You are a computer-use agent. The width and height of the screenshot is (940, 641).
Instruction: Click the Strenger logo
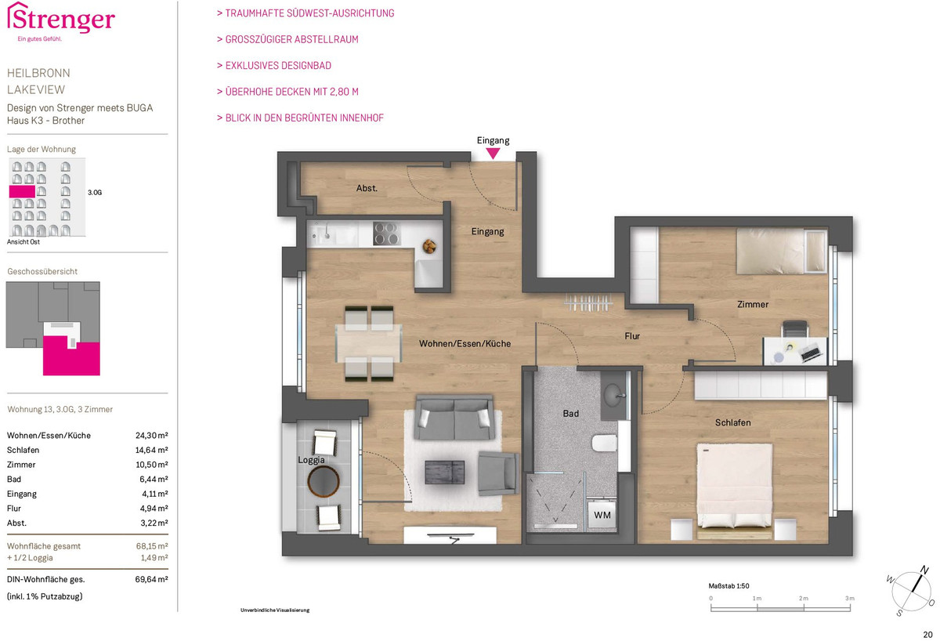pyautogui.click(x=61, y=21)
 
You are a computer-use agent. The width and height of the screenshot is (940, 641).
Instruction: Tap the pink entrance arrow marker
pyautogui.click(x=493, y=154)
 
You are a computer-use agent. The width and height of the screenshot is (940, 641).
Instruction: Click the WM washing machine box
pyautogui.click(x=602, y=515)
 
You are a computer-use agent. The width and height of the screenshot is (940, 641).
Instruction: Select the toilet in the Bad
pyautogui.click(x=604, y=443)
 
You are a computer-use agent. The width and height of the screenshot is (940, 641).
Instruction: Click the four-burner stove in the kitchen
pyautogui.click(x=386, y=233)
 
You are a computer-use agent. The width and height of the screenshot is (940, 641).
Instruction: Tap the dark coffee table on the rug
pyautogui.click(x=444, y=473)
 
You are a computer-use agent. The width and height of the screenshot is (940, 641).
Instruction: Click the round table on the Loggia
pyautogui.click(x=323, y=481)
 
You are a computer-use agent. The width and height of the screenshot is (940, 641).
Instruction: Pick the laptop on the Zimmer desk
pyautogui.click(x=809, y=353)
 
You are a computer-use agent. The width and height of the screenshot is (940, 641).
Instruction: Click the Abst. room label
pyautogui.click(x=367, y=188)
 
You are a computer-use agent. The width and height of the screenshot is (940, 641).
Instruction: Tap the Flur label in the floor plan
pyautogui.click(x=632, y=336)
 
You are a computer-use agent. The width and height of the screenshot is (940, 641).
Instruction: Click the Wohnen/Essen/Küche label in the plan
pyautogui.click(x=465, y=343)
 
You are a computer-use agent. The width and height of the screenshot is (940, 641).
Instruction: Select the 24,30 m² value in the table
pyautogui.click(x=151, y=436)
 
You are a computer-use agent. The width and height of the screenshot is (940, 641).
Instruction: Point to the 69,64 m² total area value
pyautogui.click(x=151, y=579)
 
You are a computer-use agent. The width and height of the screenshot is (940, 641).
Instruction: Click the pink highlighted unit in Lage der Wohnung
pyautogui.click(x=22, y=192)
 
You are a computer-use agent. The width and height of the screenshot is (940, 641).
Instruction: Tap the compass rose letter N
pyautogui.click(x=924, y=570)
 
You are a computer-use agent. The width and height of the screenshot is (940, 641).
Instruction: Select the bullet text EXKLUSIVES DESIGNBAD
pyautogui.click(x=278, y=66)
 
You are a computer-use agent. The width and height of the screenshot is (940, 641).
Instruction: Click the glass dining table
pyautogui.click(x=368, y=343)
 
